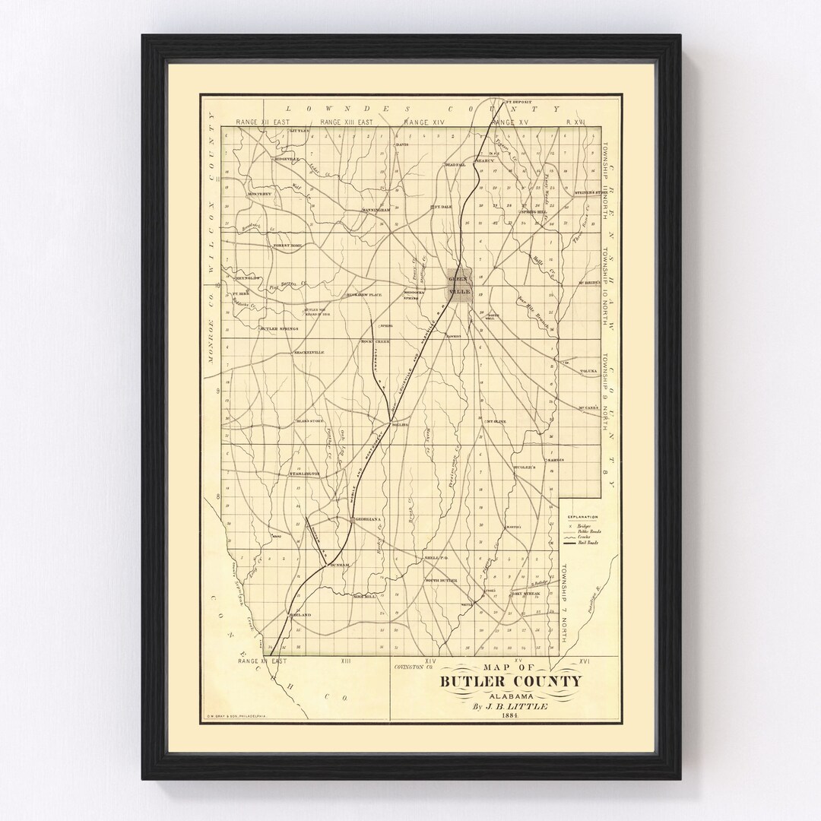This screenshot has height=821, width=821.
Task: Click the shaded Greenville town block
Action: point(461,285)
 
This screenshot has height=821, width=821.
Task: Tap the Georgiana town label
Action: point(363,519)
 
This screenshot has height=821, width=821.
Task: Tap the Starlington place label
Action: point(302,474)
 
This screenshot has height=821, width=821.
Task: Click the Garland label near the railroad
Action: point(301,614)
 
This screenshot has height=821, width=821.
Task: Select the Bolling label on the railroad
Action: point(400,425)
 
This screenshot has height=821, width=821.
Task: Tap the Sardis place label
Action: point(575,461)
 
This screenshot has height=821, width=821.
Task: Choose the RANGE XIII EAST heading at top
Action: point(346,122)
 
